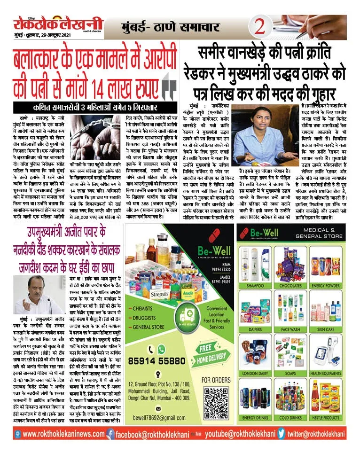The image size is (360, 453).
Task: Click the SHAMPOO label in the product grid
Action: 255,272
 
